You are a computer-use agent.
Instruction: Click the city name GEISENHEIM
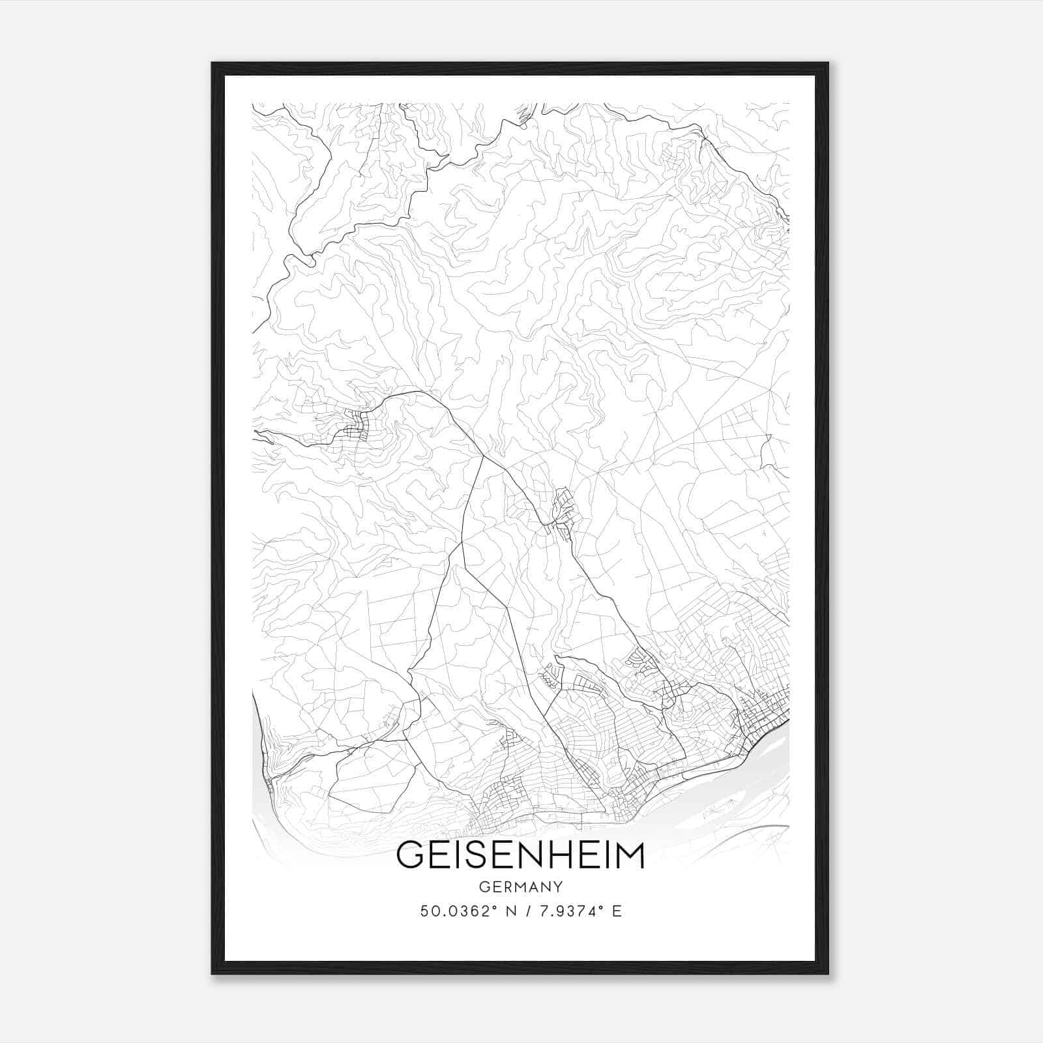coord(520,856)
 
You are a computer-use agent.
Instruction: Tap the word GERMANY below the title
coord(520,887)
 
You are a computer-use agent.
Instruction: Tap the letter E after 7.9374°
coord(617,911)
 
